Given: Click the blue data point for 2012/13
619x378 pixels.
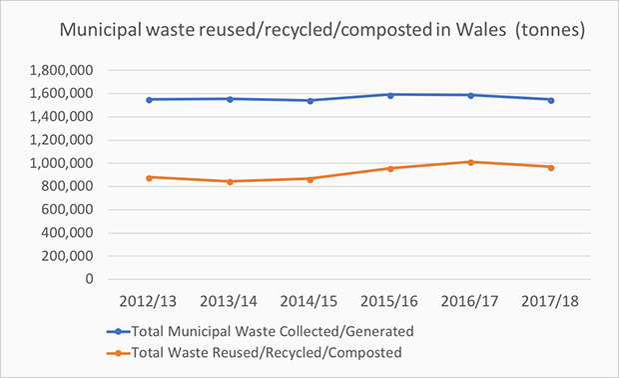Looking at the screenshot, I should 149,99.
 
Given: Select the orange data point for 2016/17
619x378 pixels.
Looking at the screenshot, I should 469,162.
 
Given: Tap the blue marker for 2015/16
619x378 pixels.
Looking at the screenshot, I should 389,95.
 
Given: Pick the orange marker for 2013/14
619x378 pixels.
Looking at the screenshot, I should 230,181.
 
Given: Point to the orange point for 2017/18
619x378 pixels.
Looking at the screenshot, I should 550,167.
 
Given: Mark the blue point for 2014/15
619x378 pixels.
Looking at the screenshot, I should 309,100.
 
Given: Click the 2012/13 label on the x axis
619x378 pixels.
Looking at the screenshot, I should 149,301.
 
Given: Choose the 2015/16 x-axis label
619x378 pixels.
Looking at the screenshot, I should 389,301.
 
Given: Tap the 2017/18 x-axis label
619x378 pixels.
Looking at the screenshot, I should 550,301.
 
